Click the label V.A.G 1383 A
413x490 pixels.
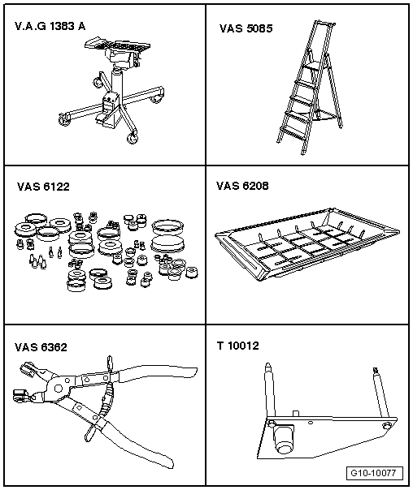point(50,26)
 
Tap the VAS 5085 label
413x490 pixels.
point(246,28)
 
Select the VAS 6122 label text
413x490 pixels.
point(43,187)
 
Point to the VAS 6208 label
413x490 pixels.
point(242,186)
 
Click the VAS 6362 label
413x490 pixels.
point(41,347)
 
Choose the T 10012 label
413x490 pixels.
point(238,346)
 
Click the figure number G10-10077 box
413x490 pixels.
point(375,473)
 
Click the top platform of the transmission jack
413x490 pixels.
point(117,46)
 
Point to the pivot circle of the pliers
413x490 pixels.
point(58,389)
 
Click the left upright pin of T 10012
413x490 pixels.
point(270,391)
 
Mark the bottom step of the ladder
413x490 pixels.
point(293,133)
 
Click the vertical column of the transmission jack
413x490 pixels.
point(116,81)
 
